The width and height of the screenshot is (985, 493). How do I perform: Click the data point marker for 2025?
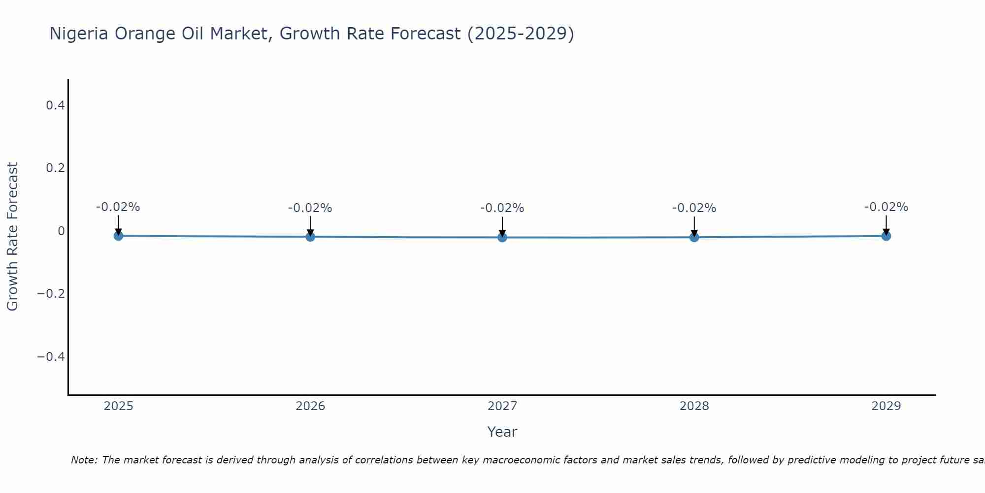pos(118,236)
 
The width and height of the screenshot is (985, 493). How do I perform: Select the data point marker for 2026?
pos(310,237)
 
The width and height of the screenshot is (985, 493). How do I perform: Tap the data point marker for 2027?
pos(502,237)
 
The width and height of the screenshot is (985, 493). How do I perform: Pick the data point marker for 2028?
pos(694,237)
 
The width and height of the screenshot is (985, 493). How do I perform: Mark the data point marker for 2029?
pos(886,236)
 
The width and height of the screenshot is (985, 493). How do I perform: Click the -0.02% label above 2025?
pos(118,207)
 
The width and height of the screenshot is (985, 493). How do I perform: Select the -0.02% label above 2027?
pos(502,208)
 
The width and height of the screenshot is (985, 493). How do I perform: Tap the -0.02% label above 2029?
pos(886,207)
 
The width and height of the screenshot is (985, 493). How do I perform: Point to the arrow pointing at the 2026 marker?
pos(310,226)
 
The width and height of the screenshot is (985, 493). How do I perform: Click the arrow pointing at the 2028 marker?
pos(694,226)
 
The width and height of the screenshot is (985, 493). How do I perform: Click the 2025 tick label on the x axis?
pos(119,406)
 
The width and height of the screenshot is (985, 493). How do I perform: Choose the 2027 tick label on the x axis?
pos(502,406)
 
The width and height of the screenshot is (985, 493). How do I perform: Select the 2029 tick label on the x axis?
pos(886,406)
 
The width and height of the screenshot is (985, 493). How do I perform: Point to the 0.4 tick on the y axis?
pos(55,105)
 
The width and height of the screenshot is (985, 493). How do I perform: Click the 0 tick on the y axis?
pos(61,231)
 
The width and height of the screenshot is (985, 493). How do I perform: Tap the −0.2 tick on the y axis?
pos(51,294)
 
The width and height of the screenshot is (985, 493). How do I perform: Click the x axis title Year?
pos(502,432)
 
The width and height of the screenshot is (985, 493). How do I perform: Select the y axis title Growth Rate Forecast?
pos(12,236)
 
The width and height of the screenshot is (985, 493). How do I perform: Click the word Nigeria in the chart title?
pos(79,34)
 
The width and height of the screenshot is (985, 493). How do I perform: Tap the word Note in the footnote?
pos(84,460)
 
